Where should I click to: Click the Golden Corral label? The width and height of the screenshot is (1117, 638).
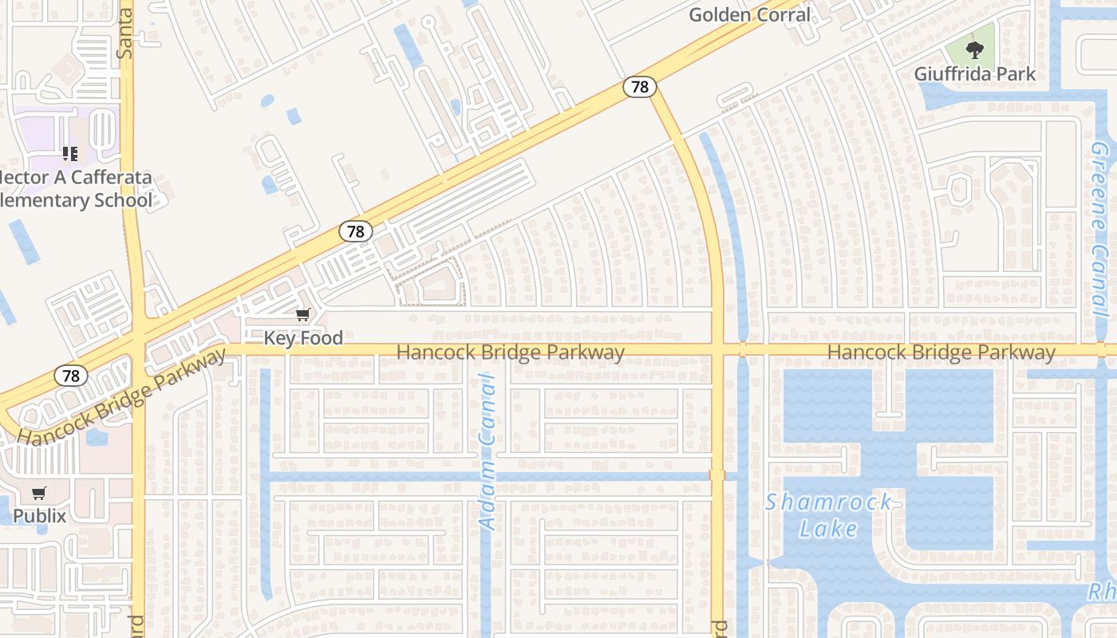click(x=749, y=14)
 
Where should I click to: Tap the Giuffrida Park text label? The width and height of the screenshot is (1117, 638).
click(x=975, y=74)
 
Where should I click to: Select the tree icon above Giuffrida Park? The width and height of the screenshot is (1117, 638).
click(x=974, y=50)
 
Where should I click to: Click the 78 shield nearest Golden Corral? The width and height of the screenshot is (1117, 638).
click(x=640, y=86)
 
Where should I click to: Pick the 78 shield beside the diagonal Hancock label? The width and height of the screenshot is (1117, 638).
click(x=72, y=375)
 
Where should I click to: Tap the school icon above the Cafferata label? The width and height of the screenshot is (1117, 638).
click(x=70, y=153)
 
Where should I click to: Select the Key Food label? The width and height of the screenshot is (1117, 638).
click(x=303, y=338)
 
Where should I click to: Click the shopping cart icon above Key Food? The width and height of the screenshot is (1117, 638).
click(x=302, y=316)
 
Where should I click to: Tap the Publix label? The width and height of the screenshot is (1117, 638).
click(x=39, y=516)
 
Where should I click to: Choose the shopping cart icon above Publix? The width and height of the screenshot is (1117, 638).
click(x=39, y=494)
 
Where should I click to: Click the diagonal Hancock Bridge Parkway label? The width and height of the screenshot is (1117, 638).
click(x=122, y=399)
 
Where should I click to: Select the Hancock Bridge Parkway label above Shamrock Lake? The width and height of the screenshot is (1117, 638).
click(x=941, y=352)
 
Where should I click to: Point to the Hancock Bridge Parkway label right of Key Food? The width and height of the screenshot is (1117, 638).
click(x=511, y=352)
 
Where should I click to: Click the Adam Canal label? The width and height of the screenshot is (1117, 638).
click(x=487, y=452)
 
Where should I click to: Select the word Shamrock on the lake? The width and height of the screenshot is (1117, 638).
click(x=829, y=502)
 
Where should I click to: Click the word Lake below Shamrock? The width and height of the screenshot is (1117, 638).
click(x=829, y=529)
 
